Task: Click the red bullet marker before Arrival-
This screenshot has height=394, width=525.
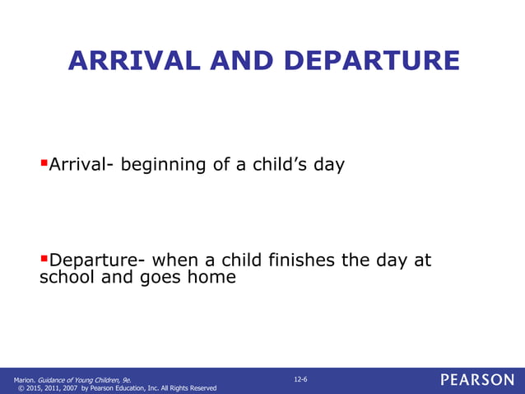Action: click(x=44, y=163)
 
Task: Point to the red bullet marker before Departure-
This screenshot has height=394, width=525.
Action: click(x=44, y=259)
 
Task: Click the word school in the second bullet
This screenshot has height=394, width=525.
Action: click(x=67, y=278)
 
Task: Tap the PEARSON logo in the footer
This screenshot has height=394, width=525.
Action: click(x=476, y=380)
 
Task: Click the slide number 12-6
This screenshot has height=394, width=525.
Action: click(x=300, y=378)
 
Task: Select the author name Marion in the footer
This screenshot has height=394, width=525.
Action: click(x=25, y=379)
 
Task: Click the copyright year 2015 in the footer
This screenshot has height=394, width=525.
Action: click(x=36, y=387)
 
